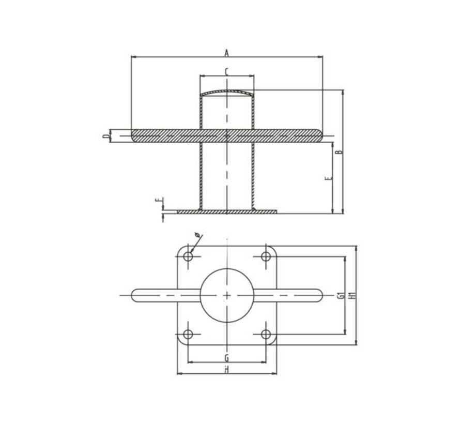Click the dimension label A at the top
point(226,52)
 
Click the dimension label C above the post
point(227,71)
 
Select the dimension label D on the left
point(105,137)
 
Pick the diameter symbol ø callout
point(198,237)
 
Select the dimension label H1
point(352,295)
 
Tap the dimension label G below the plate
point(227,357)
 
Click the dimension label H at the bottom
point(227,369)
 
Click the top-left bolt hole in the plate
point(188,256)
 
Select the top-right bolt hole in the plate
point(266,256)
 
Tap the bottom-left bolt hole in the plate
point(188,334)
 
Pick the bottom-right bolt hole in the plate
point(266,334)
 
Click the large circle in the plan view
point(227,295)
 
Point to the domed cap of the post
point(227,93)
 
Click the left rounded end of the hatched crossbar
point(135,136)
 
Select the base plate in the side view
point(227,211)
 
